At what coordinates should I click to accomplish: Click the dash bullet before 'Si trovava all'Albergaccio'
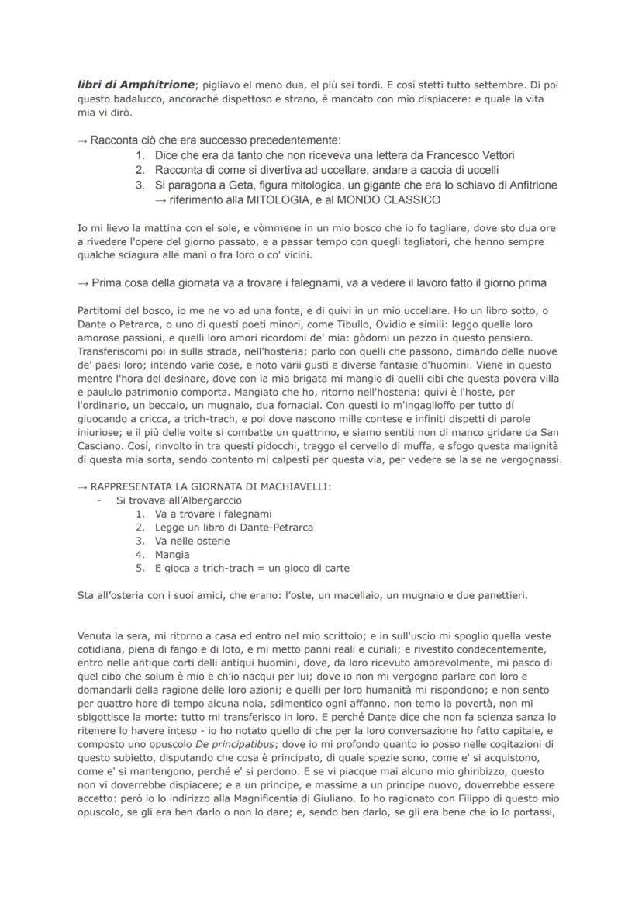[x=100, y=500]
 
